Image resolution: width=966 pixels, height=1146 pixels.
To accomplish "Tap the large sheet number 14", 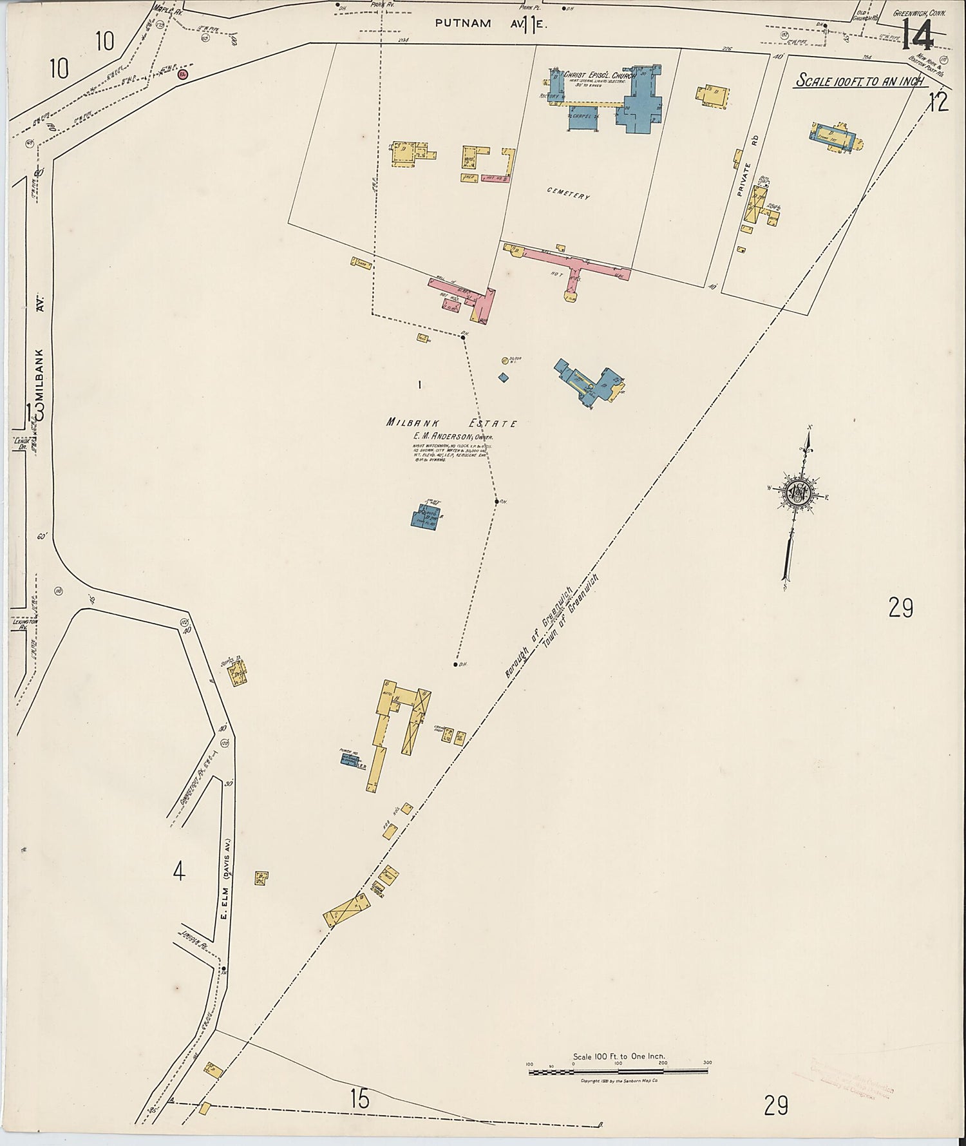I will (917, 33).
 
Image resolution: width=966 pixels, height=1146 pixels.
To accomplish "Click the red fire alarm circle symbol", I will (183, 74).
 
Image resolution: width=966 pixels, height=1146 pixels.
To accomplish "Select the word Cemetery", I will (568, 193).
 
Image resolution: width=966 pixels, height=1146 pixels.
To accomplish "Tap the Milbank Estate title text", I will (451, 423).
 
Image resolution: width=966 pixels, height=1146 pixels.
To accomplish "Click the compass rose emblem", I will (799, 493).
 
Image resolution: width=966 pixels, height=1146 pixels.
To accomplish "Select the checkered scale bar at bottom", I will (618, 1072).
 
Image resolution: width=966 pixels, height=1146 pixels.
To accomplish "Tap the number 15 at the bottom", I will (360, 1098).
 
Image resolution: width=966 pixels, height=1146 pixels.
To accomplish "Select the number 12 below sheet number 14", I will (938, 102).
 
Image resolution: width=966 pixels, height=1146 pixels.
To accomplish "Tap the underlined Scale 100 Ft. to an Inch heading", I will (860, 81).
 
